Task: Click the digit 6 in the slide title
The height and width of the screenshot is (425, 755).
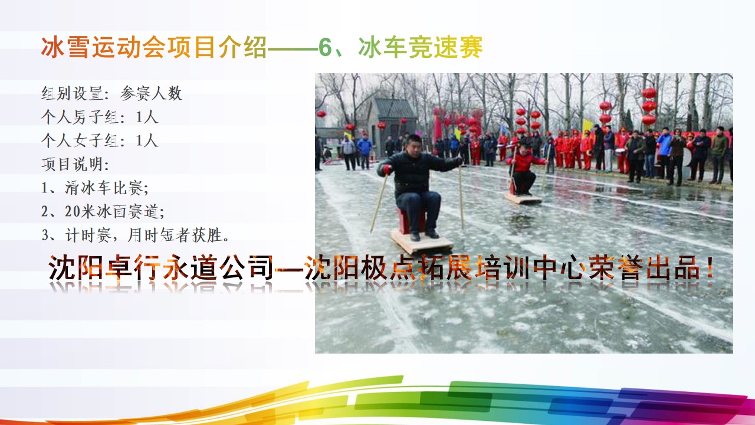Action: [x=325, y=47]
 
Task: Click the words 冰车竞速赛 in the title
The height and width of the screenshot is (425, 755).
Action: [x=421, y=47]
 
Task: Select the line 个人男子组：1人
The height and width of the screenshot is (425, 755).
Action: [x=100, y=117]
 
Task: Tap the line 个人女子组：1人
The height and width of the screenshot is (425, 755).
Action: [x=100, y=140]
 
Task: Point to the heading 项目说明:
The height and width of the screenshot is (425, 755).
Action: [x=75, y=164]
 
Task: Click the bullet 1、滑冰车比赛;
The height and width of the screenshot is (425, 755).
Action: [x=95, y=188]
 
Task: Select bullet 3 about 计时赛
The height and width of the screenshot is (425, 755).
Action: [x=136, y=235]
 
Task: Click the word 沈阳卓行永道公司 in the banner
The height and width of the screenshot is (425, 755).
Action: [x=160, y=267]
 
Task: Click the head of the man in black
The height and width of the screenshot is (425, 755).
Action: [x=413, y=143]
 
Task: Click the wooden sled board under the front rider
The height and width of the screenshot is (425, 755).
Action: [x=422, y=241]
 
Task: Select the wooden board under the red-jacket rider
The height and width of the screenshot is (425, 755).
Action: [x=523, y=198]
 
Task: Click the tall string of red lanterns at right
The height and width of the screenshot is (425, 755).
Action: [x=648, y=106]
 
